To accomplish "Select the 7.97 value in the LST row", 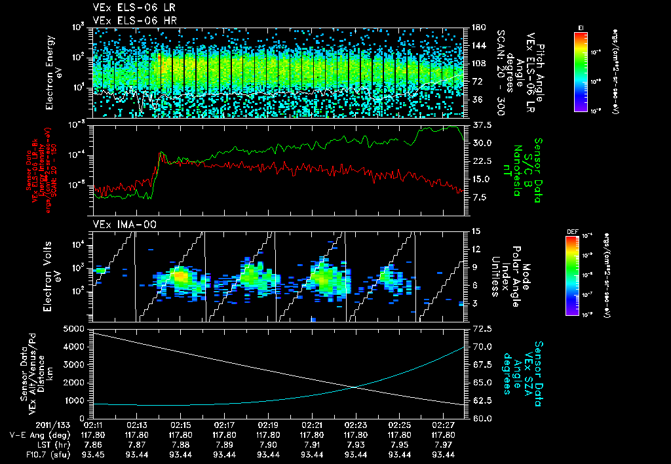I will coord(444,444).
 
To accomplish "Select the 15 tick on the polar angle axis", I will coord(473,231).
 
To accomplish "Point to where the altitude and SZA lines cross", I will coord(354,387).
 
